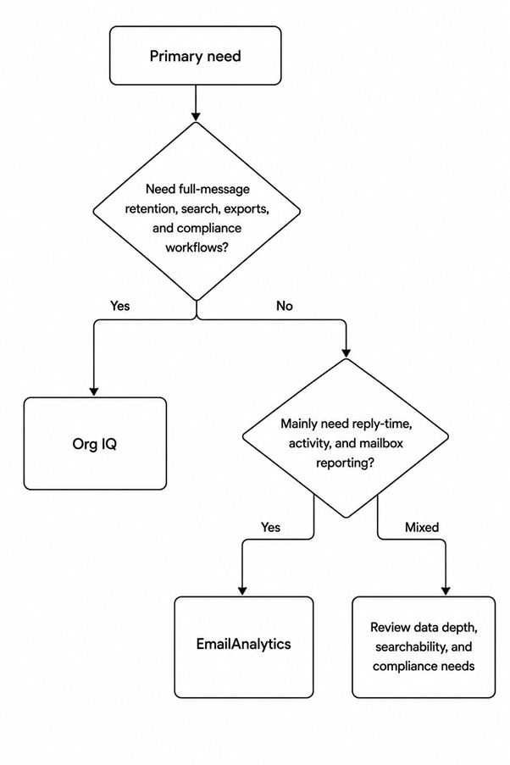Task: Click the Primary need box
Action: (195, 56)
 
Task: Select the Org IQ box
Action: (95, 443)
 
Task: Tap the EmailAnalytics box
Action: (244, 647)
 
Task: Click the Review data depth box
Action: (424, 647)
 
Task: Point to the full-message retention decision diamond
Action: (197, 211)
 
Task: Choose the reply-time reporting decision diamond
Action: (346, 438)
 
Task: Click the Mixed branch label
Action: (422, 527)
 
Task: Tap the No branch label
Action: (285, 306)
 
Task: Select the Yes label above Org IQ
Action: (120, 306)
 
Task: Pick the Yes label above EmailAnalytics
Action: (270, 527)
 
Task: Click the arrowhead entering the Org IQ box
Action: (94, 391)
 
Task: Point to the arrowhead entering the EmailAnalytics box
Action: (242, 590)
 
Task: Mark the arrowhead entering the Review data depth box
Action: (446, 590)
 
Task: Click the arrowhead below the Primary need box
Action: (196, 116)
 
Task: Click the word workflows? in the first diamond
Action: (197, 247)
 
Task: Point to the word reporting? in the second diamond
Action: (345, 463)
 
